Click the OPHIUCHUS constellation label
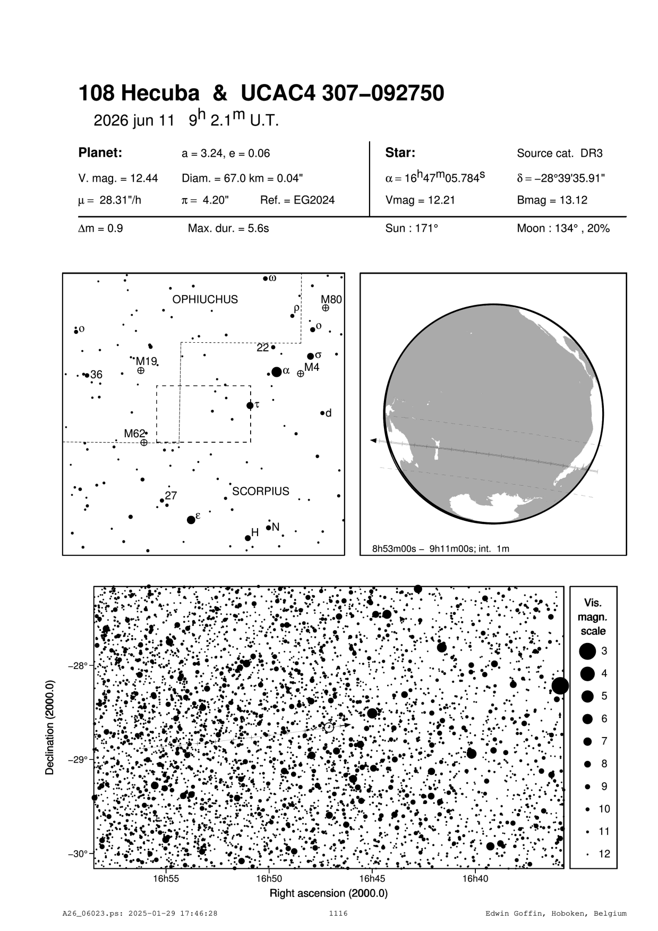tap(205, 300)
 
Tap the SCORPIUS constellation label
tap(260, 492)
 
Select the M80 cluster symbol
tap(325, 308)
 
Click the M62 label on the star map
tap(134, 434)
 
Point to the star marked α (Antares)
tap(276, 372)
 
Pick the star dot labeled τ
tap(250, 406)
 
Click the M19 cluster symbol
tap(141, 370)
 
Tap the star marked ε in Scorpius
tap(191, 520)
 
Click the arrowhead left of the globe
tap(373, 441)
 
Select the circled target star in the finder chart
tap(329, 727)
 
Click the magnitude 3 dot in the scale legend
tap(587, 650)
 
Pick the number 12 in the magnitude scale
tap(604, 854)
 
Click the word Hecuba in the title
tap(160, 94)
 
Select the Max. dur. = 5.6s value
tap(228, 229)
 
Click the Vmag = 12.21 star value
tap(420, 200)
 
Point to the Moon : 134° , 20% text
tap(563, 229)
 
